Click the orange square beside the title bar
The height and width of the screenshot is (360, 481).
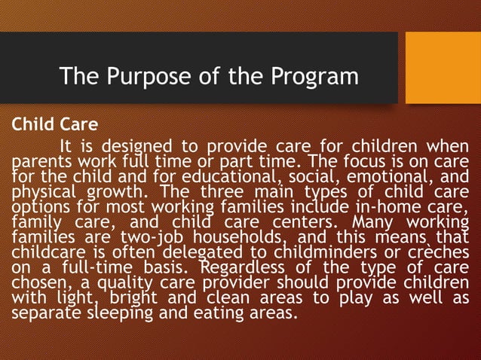[443, 68]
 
